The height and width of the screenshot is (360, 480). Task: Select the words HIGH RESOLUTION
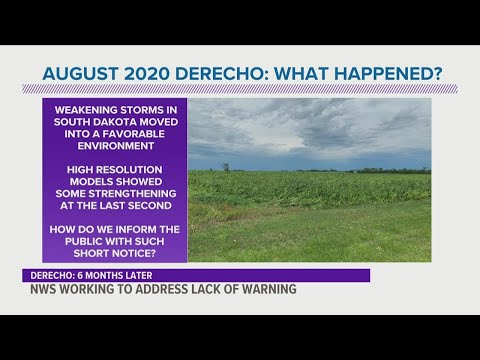click(114, 165)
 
